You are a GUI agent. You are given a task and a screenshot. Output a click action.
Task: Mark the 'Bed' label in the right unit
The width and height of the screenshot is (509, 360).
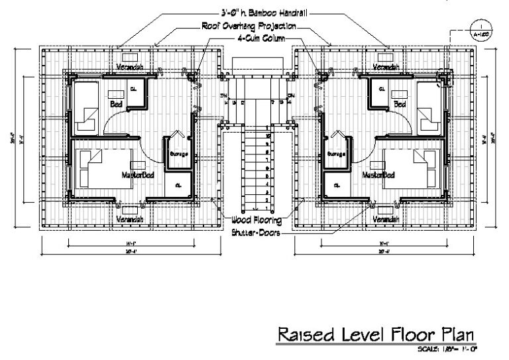pyautogui.click(x=400, y=104)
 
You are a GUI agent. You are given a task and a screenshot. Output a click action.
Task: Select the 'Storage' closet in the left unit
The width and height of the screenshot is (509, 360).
pyautogui.click(x=179, y=154)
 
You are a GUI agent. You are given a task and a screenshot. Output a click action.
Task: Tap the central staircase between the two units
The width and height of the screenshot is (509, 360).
pyautogui.click(x=254, y=166)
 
